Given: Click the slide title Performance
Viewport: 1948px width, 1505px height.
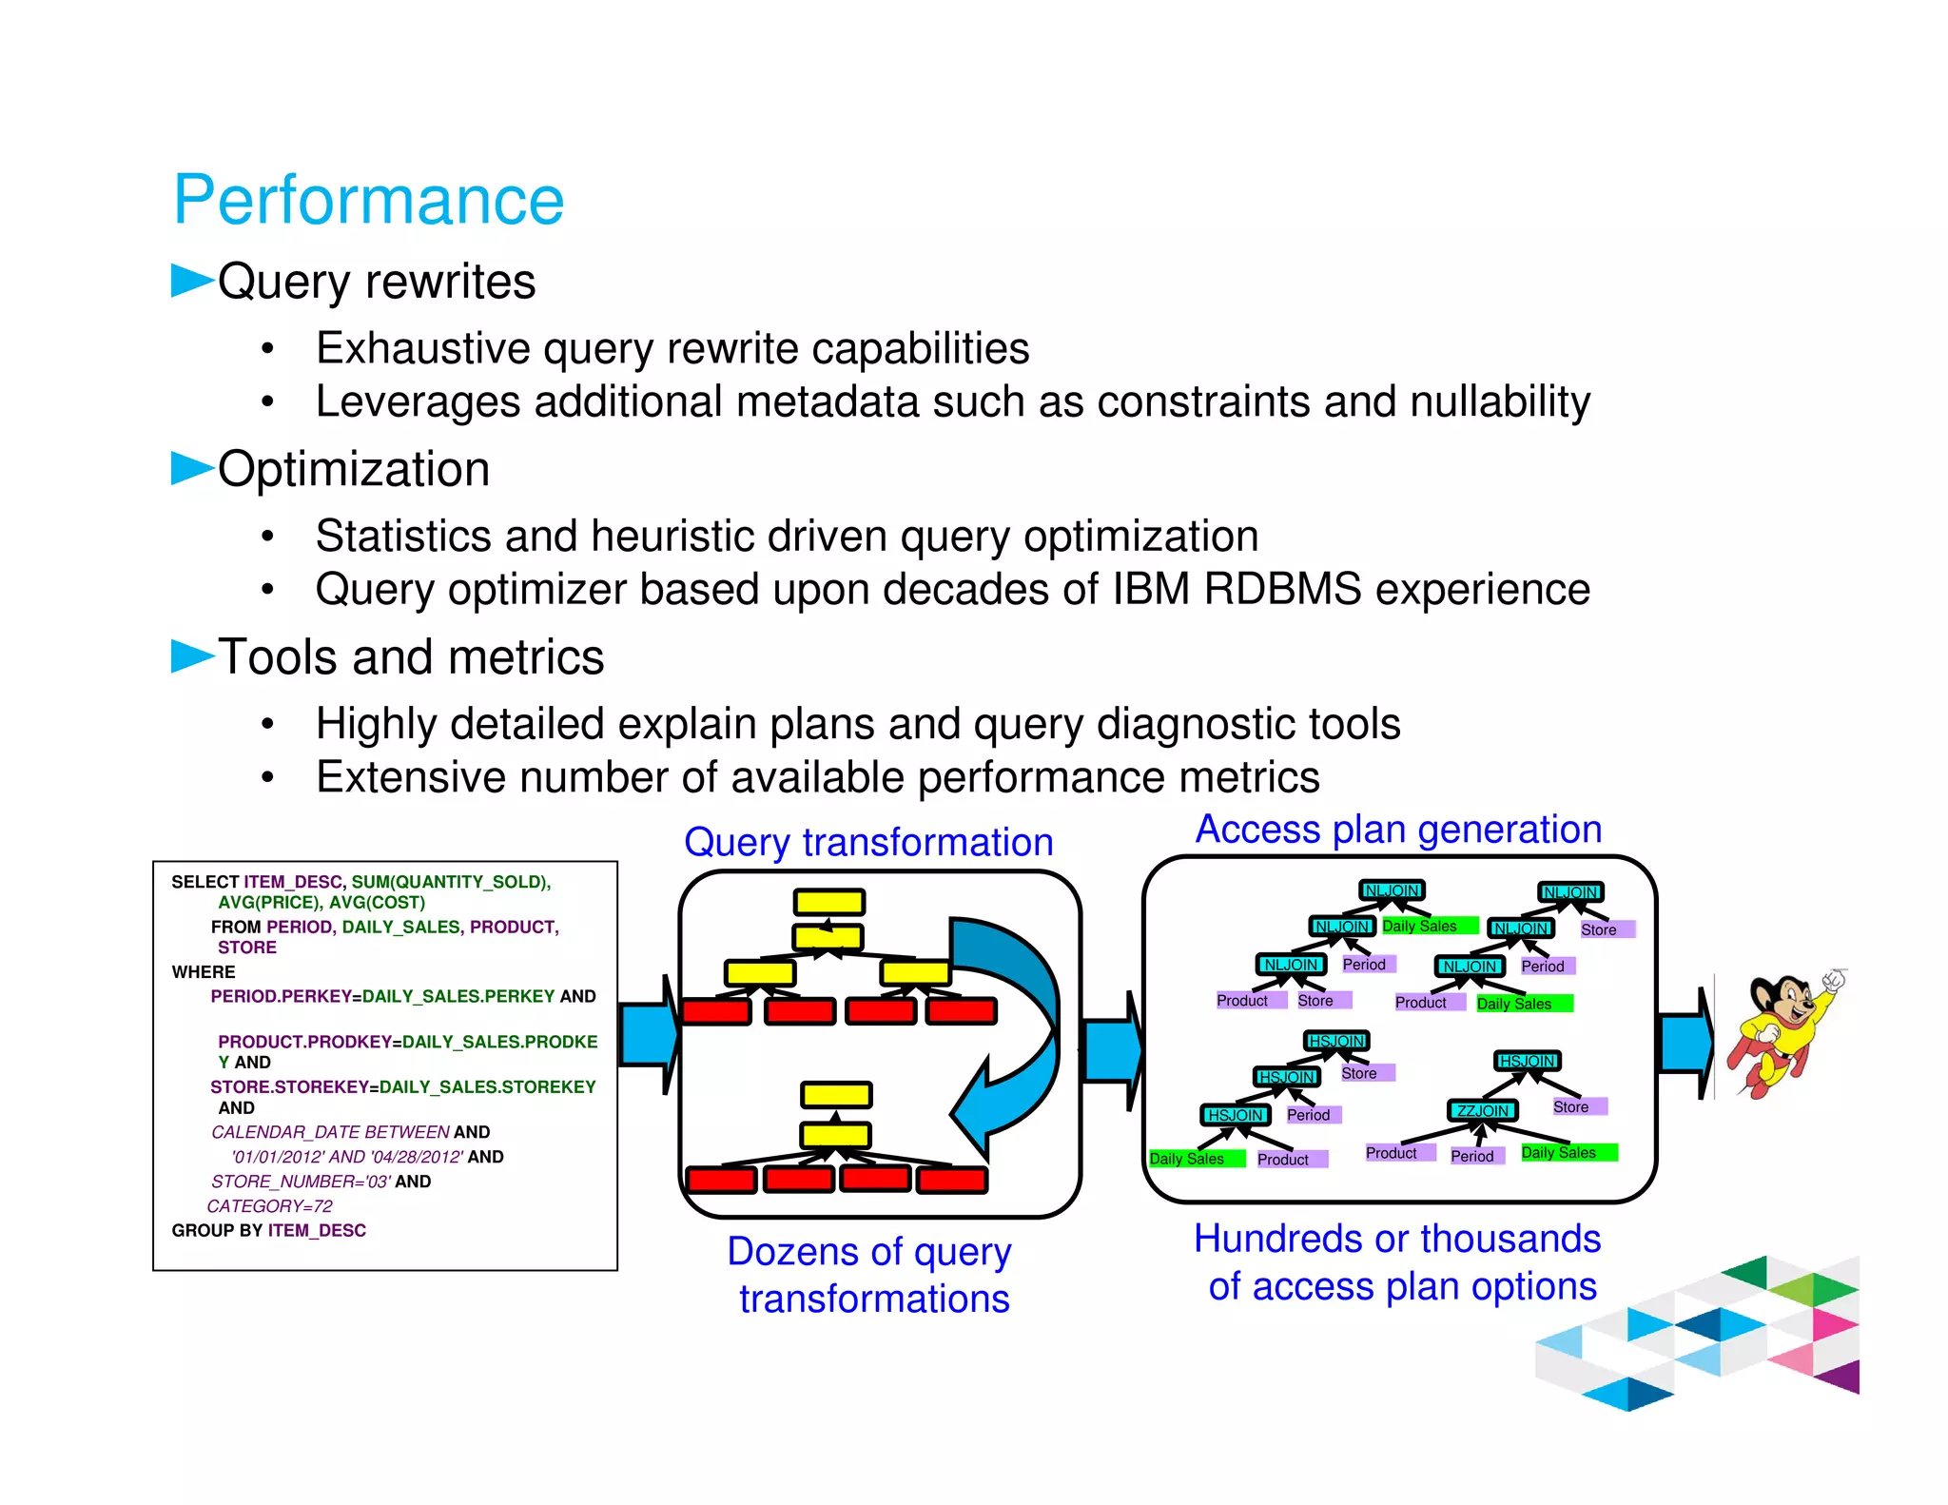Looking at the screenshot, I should click(x=368, y=201).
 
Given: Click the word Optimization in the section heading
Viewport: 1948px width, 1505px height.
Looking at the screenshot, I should click(x=354, y=469).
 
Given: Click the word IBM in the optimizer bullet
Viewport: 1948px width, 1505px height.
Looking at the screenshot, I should click(x=1151, y=589).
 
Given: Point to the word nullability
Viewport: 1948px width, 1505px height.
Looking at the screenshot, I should click(x=1500, y=401).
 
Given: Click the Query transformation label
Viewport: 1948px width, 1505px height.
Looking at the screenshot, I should click(x=868, y=842).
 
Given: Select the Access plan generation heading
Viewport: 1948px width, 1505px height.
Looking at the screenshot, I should click(x=1398, y=829).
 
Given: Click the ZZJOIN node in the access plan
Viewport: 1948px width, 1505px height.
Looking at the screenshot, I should click(x=1482, y=1110).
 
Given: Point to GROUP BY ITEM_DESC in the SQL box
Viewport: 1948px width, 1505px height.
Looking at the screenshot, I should click(x=268, y=1230).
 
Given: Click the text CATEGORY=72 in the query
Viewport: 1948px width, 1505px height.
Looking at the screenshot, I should click(x=270, y=1205).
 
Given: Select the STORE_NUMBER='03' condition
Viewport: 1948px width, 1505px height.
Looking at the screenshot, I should click(x=302, y=1181).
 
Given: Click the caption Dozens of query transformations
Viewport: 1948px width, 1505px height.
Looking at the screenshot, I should click(x=870, y=1275).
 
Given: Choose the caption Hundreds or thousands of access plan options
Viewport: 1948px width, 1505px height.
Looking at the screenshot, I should click(x=1398, y=1262).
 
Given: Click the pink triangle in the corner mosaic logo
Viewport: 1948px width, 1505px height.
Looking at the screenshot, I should click(x=1834, y=1323).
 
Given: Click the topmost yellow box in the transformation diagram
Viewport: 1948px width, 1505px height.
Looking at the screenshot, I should click(x=829, y=901).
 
